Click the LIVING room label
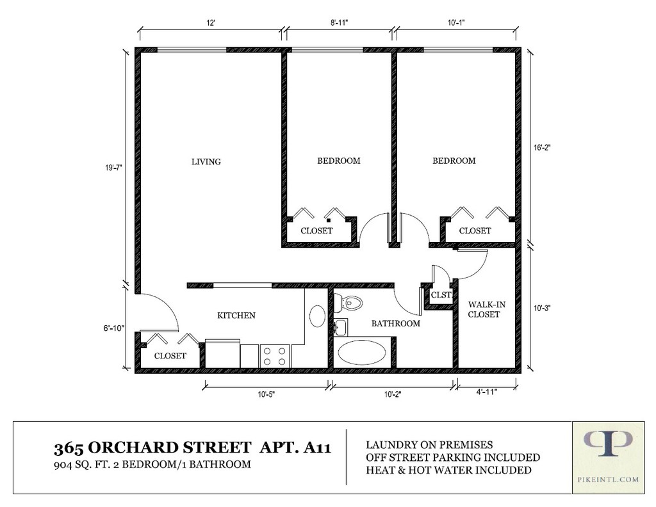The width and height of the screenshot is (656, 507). click(x=206, y=161)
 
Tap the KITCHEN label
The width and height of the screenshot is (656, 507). click(x=236, y=315)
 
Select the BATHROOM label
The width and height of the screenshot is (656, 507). click(x=396, y=323)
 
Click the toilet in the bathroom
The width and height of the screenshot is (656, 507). click(x=348, y=303)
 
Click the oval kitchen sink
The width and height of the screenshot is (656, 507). click(x=317, y=316)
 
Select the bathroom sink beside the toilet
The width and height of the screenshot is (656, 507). click(x=341, y=327)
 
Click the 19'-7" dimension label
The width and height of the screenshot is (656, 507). click(x=113, y=168)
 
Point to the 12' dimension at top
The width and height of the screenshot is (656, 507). click(x=210, y=23)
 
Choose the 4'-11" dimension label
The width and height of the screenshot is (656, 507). click(x=487, y=392)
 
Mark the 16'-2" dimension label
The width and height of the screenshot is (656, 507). click(x=542, y=147)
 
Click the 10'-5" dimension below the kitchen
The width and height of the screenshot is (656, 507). click(x=266, y=394)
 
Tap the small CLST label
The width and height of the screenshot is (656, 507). click(x=441, y=294)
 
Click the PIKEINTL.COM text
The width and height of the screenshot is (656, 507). click(x=609, y=479)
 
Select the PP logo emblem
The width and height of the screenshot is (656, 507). click(x=608, y=444)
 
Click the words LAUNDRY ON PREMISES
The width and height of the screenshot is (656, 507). click(x=429, y=445)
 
